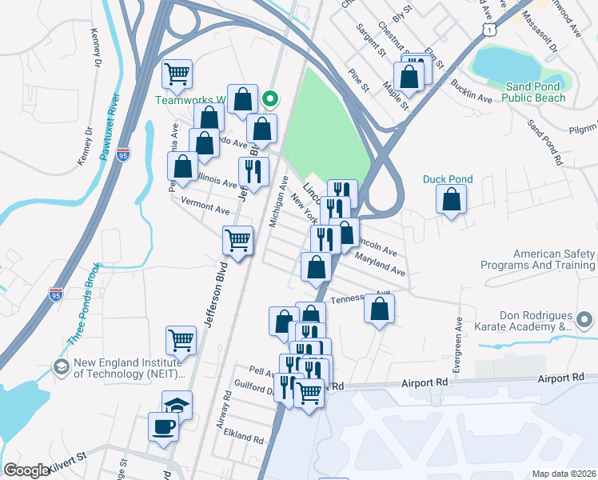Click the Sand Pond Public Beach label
point(533,92)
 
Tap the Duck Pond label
point(448,180)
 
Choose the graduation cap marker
point(177,406)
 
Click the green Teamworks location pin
point(270,99)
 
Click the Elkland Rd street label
point(244,439)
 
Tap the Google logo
point(27,470)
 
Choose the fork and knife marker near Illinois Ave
point(253,173)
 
